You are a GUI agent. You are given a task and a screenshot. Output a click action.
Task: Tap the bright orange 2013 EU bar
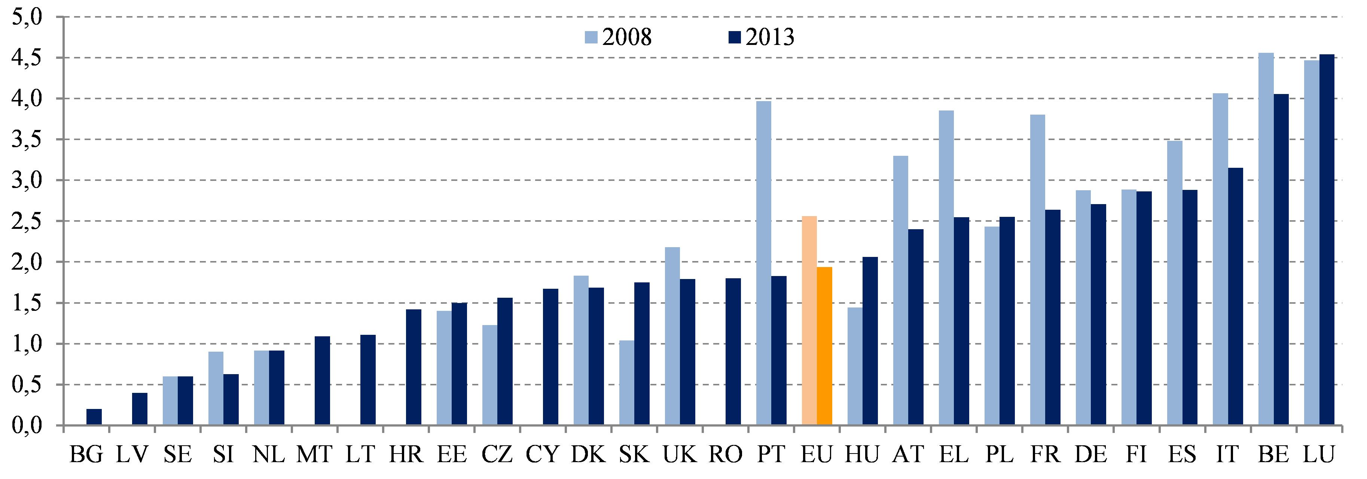824,346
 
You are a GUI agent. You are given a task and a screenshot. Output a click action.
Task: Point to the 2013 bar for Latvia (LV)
140,409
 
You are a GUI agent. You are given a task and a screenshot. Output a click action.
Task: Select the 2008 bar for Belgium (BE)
1266,239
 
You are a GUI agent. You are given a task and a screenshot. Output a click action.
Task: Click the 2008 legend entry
618,37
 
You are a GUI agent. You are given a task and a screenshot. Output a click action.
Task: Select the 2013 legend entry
761,37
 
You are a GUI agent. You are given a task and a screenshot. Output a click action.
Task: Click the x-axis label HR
406,455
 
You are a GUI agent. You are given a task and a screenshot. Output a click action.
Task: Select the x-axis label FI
1136,455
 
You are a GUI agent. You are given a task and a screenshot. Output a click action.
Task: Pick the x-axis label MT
314,455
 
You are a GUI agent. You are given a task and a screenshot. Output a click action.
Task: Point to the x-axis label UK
680,455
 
